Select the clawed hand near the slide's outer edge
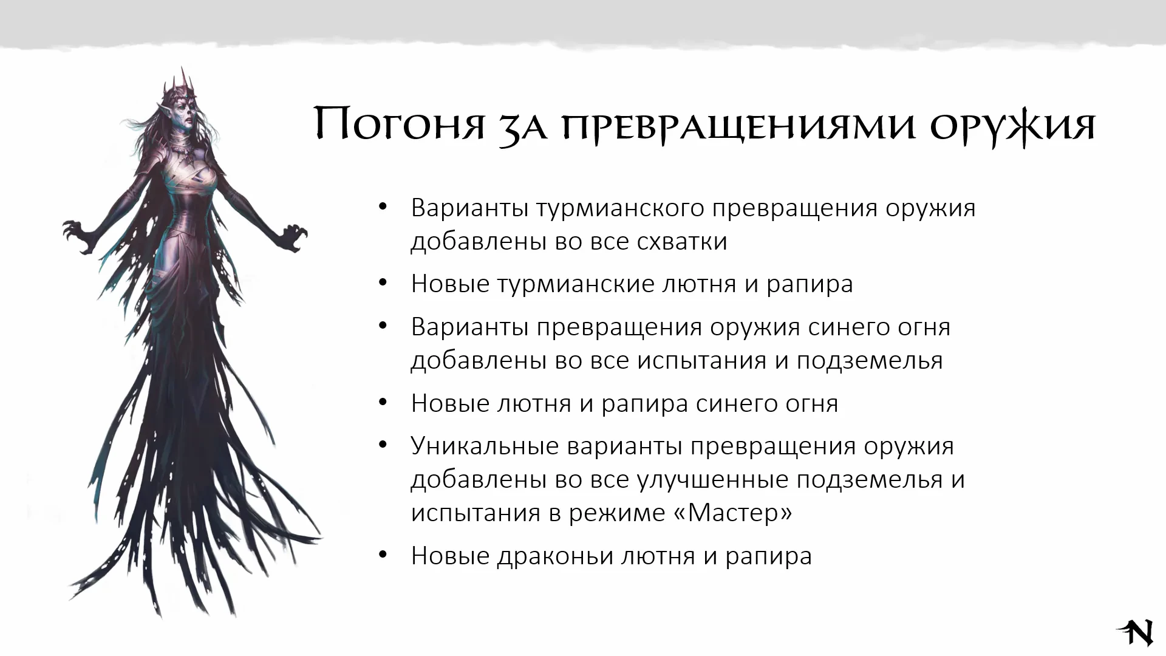coord(79,233)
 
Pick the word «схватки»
coord(682,241)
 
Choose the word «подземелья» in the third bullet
coord(869,361)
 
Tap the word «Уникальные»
coord(485,446)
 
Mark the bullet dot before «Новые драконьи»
coord(382,555)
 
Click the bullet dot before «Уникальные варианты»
coord(382,445)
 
